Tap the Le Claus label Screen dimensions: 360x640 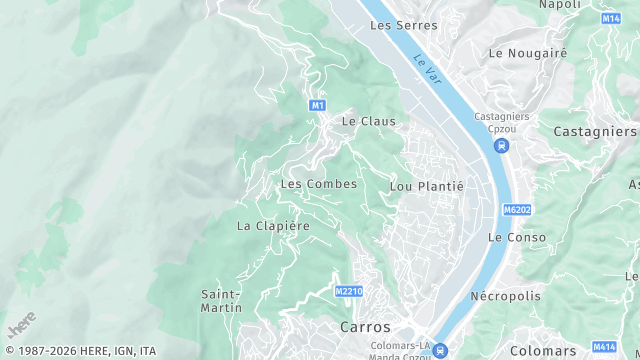click(369, 121)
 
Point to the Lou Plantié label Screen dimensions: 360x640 click(427, 186)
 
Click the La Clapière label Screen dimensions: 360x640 click(273, 226)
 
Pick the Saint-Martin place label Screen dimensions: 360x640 click(221, 301)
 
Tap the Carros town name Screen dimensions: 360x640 click(365, 327)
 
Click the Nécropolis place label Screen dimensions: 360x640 click(505, 296)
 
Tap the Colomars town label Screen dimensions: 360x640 click(543, 351)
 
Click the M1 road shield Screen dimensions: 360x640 click(317, 105)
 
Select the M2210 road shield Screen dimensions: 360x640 click(348, 291)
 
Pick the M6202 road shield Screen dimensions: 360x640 click(515, 210)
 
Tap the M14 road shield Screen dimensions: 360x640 click(611, 19)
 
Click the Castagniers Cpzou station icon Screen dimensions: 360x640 click(501, 147)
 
